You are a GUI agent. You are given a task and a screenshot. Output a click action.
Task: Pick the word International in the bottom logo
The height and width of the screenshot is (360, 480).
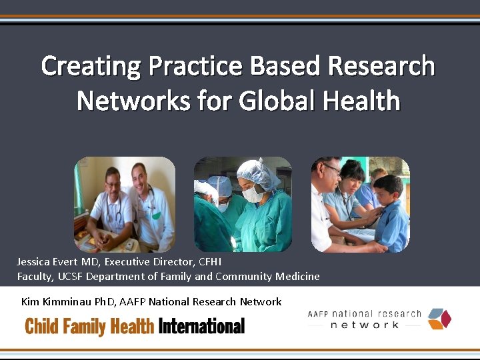(201, 326)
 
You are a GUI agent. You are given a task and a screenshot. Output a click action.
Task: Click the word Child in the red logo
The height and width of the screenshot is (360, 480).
(41, 326)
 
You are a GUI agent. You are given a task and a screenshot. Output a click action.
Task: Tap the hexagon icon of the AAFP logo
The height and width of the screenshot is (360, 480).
(439, 319)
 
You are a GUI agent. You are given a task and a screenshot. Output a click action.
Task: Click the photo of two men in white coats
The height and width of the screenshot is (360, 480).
(124, 204)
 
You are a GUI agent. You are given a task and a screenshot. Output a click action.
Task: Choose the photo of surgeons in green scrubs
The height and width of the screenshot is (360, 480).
(243, 204)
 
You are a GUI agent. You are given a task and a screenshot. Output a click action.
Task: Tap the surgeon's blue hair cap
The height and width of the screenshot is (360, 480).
(259, 173)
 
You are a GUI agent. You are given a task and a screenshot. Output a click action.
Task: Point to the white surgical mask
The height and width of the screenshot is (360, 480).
(253, 194)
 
